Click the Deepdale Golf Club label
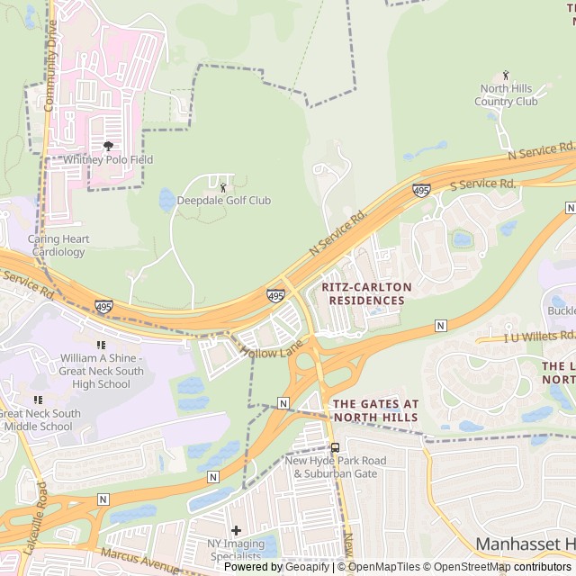[x=223, y=201]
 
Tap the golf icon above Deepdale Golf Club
[x=223, y=187]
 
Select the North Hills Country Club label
[x=508, y=94]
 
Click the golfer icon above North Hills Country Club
[x=506, y=75]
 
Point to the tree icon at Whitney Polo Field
[x=108, y=146]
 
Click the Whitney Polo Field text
[x=108, y=160]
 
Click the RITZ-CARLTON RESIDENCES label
[x=366, y=293]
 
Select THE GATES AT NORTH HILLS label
[x=375, y=410]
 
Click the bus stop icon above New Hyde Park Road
[x=335, y=447]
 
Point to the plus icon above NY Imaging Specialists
[x=236, y=531]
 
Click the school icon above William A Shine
[x=101, y=345]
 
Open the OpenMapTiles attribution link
[x=383, y=567]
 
